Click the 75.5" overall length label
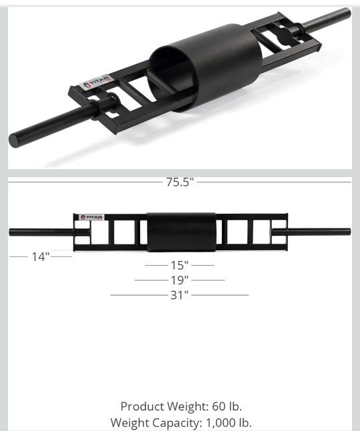180,183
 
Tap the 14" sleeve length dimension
41,256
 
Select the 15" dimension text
179,264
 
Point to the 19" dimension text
179,280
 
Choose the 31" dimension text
179,294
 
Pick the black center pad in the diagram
180,232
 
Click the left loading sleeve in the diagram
40,232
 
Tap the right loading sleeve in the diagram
320,232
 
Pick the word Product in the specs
141,406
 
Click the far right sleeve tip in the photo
345,13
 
